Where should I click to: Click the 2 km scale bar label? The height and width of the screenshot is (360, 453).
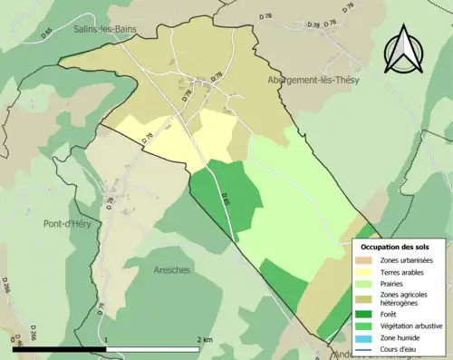[205, 339]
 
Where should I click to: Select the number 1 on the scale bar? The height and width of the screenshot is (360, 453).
[107, 339]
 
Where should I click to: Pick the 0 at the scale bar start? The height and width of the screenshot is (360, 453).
[13, 339]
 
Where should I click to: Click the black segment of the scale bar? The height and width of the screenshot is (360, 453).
[60, 348]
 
